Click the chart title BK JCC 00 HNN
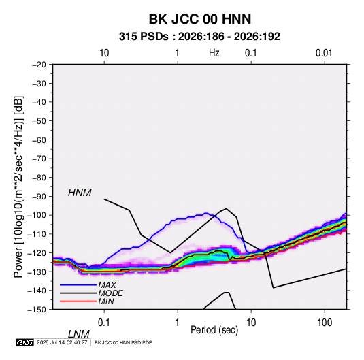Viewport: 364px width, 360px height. [199, 19]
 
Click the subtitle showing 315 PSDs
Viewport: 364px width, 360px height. [199, 37]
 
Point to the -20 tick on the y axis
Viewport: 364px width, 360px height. [39, 65]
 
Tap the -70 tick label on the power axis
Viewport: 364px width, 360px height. [39, 159]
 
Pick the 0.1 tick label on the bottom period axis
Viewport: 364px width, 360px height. [104, 323]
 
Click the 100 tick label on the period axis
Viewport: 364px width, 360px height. [325, 323]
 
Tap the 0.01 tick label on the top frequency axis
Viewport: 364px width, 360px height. [324, 53]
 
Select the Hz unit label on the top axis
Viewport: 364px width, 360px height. [214, 53]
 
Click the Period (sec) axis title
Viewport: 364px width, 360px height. [214, 330]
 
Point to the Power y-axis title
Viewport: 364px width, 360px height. [18, 187]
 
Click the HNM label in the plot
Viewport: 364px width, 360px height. [80, 193]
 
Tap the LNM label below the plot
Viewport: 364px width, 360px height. [78, 334]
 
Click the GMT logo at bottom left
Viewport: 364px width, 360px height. [24, 342]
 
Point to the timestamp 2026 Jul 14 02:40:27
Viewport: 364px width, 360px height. [62, 342]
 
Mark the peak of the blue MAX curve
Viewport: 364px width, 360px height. [205, 213]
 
